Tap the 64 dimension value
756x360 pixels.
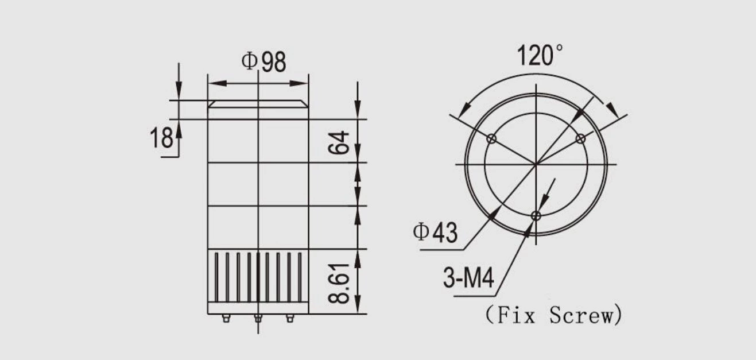339,142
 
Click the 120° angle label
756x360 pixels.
540,56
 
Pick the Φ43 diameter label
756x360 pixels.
435,233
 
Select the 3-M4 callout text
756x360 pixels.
468,280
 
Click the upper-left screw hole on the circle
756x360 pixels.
491,138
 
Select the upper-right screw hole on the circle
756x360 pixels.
580,138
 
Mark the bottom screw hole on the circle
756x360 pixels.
536,216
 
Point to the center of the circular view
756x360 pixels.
536,164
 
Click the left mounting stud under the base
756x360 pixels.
226,318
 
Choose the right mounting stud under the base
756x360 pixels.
290,318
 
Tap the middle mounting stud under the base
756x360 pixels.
258,318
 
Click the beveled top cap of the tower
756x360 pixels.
258,104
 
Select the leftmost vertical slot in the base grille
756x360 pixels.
217,277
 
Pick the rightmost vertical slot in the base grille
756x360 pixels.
299,277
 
